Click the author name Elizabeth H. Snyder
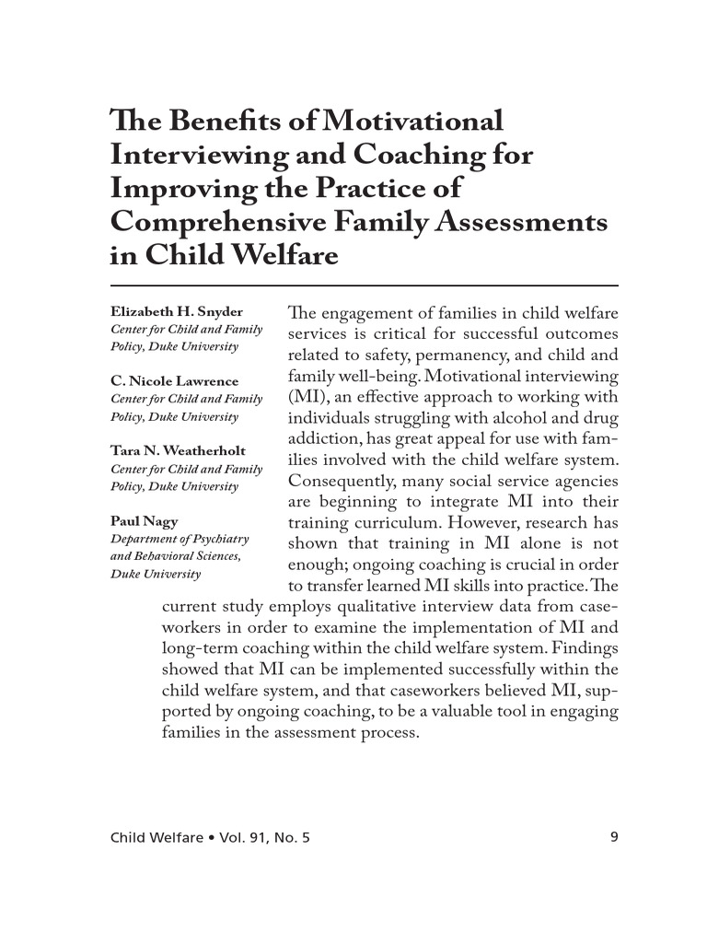[x=177, y=312]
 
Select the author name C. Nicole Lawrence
[x=174, y=381]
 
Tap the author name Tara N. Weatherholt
[x=180, y=451]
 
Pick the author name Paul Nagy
[x=145, y=521]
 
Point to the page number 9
[x=613, y=837]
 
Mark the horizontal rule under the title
[x=364, y=285]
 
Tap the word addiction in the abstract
[x=324, y=439]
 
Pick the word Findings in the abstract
[x=585, y=649]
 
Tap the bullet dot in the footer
[x=211, y=838]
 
